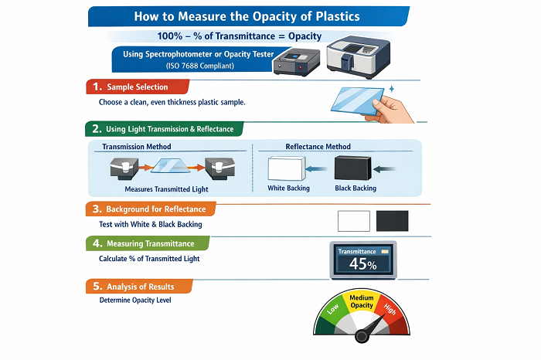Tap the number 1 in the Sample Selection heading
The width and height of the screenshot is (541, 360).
[x=95, y=87]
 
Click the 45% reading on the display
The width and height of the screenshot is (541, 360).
[x=363, y=263]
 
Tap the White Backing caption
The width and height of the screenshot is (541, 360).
[x=288, y=188]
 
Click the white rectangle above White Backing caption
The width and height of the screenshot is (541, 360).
[x=288, y=168]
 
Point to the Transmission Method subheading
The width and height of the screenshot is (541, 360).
[x=137, y=147]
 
